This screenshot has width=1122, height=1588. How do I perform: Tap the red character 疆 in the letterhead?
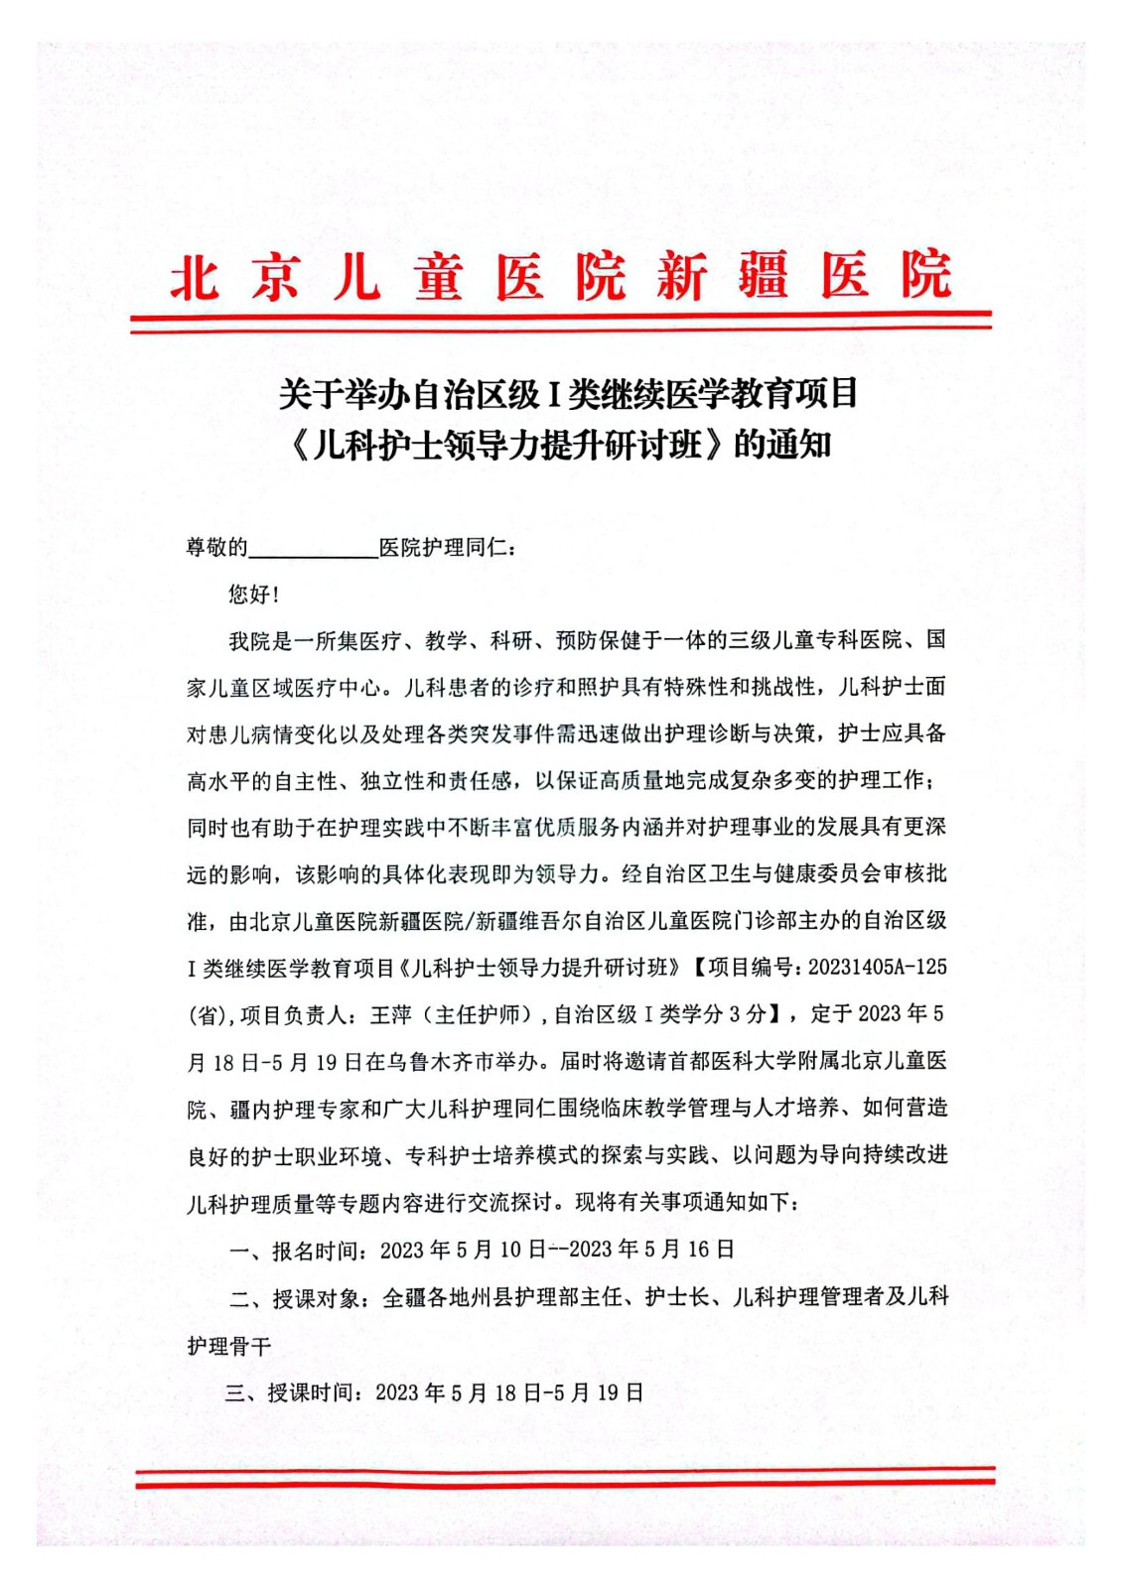763,276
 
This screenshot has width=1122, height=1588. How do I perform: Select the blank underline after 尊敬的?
313,548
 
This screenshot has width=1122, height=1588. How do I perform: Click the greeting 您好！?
254,595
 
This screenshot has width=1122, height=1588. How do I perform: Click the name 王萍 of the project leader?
390,1014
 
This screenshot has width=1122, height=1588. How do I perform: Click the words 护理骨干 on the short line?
229,1346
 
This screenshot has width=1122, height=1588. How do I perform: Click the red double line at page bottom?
564,1477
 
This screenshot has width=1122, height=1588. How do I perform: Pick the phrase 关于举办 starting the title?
328,395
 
